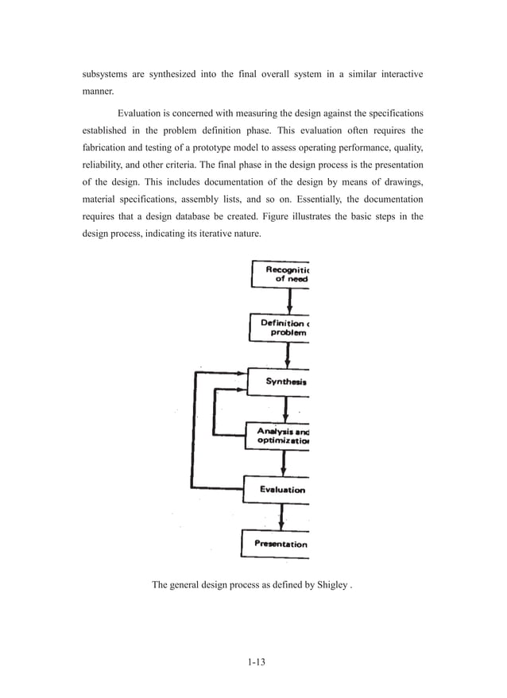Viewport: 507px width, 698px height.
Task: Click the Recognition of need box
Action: [280, 274]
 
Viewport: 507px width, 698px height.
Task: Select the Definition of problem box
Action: [279, 328]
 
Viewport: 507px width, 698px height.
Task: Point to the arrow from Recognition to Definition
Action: [289, 301]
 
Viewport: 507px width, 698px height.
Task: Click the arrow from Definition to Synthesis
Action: [288, 355]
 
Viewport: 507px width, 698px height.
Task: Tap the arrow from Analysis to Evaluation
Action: [284, 463]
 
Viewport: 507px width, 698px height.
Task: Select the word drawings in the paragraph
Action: [401, 181]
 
